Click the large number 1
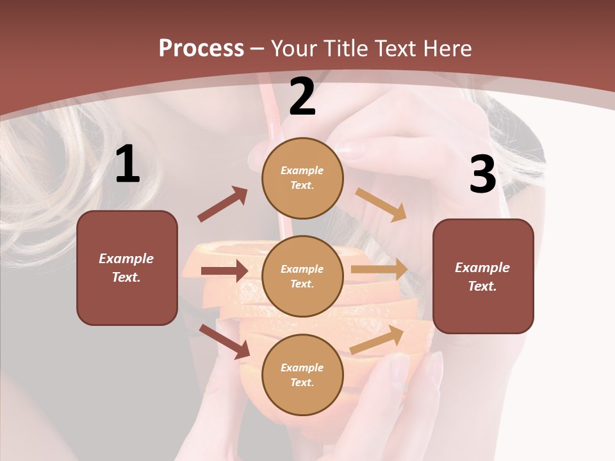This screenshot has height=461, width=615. click(127, 165)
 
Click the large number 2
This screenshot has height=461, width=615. click(302, 97)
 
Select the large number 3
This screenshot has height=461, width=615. click(482, 175)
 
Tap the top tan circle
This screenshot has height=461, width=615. click(302, 178)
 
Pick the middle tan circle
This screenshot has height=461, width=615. click(302, 276)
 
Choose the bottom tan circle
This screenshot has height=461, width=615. click(302, 375)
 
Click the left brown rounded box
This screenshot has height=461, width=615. click(127, 268)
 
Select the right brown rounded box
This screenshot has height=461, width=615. click(483, 277)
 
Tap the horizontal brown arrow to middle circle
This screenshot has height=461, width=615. click(224, 271)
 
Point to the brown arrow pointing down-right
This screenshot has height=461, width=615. click(225, 341)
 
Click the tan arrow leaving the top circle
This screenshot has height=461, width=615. click(381, 204)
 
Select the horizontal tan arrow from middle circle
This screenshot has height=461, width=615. click(379, 270)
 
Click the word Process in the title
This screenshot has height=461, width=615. click(201, 49)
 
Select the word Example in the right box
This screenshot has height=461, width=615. click(482, 268)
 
